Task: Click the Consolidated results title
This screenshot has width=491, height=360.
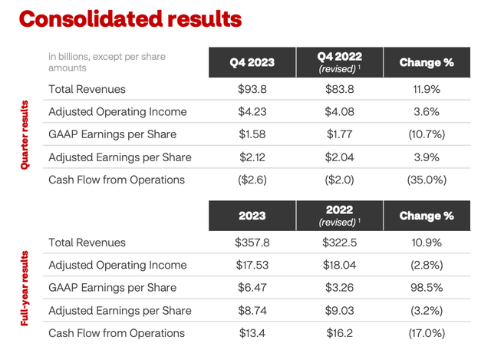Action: (x=130, y=19)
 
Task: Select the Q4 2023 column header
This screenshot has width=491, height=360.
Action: (x=252, y=62)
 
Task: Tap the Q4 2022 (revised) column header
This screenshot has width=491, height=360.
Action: (x=339, y=62)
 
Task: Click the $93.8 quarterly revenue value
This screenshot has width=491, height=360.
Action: (x=252, y=89)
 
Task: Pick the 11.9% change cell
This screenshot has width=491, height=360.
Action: (x=427, y=89)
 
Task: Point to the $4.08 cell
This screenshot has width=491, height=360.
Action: (x=339, y=112)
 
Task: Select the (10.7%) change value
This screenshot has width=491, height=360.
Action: (x=427, y=134)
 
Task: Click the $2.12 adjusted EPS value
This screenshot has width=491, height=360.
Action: (x=252, y=157)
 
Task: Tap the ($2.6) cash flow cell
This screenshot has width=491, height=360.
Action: (x=252, y=180)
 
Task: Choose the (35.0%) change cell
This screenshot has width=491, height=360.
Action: (x=427, y=180)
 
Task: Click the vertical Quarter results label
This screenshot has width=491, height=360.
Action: (x=25, y=135)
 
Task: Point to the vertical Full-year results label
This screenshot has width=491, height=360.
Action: (x=25, y=289)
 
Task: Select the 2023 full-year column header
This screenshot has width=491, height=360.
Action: (x=252, y=216)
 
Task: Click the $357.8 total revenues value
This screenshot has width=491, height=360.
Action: (x=252, y=243)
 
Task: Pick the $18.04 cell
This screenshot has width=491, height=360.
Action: (x=339, y=265)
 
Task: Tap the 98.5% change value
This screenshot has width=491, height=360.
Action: (x=427, y=288)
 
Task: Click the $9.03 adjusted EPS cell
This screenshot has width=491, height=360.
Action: (x=339, y=311)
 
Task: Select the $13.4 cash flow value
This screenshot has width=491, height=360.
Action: (x=252, y=333)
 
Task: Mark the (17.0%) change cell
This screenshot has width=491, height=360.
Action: (x=427, y=333)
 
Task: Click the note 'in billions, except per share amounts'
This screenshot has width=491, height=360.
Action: (x=107, y=62)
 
